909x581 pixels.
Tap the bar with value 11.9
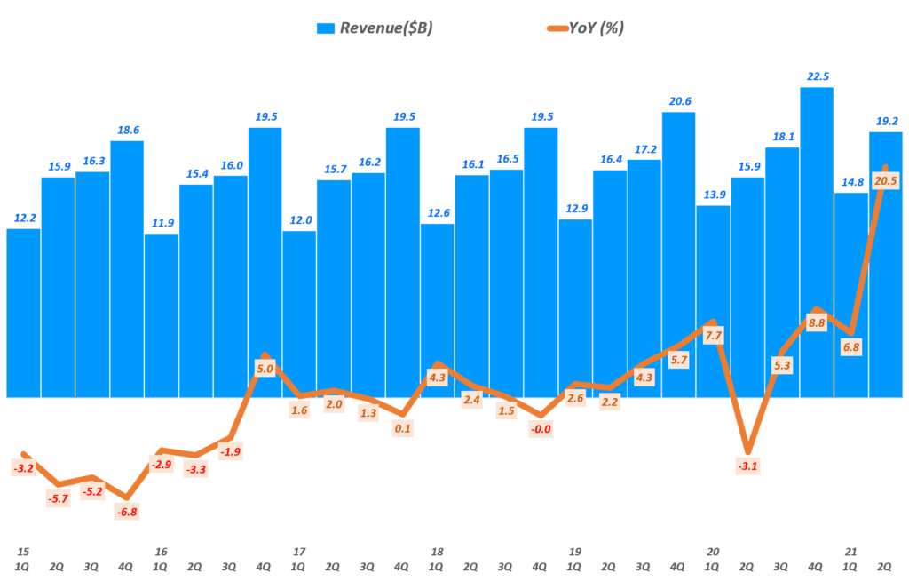click(161, 315)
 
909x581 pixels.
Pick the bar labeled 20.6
click(679, 254)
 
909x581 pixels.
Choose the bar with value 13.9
click(713, 301)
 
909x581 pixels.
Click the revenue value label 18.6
click(126, 130)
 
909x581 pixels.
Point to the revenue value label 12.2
click(23, 218)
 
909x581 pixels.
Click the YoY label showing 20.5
click(885, 179)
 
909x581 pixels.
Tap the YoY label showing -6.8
click(127, 511)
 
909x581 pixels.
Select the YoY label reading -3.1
click(747, 466)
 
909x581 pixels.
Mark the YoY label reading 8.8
click(817, 323)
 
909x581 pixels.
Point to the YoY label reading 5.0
click(265, 368)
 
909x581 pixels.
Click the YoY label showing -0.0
click(541, 429)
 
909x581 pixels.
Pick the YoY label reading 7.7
click(713, 335)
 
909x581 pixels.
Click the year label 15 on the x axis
click(22, 551)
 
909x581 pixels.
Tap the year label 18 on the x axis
click(436, 551)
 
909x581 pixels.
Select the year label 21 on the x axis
click(850, 551)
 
